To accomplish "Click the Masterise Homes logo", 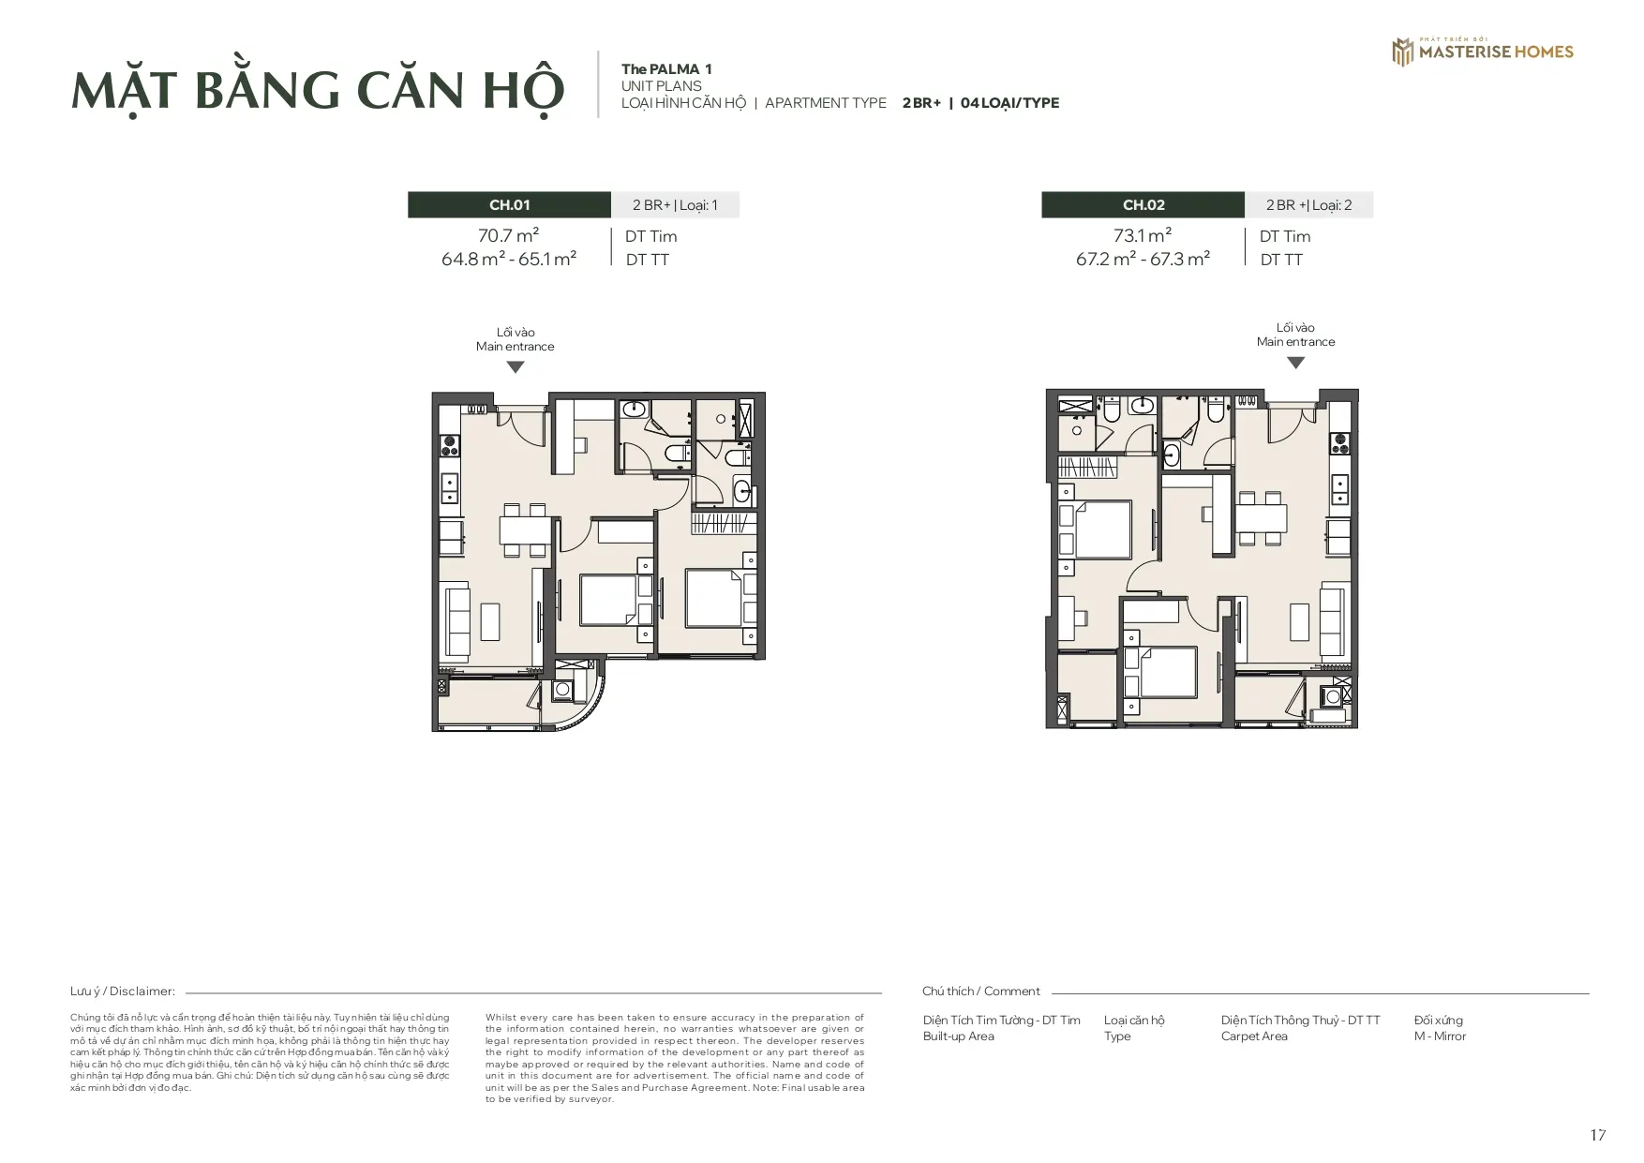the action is tap(1482, 52).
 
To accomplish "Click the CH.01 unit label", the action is tap(509, 205).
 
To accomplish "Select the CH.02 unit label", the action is tap(1143, 205).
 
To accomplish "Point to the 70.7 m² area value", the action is tap(509, 236).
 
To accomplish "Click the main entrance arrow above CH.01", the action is tap(515, 367).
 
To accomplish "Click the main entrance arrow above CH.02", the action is tap(1295, 363).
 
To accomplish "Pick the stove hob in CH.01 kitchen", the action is tap(448, 443).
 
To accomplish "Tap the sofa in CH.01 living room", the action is tap(456, 619).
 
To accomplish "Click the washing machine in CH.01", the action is tap(563, 692).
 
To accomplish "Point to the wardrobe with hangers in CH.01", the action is tap(721, 523).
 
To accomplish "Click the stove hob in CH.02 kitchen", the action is tap(1341, 440).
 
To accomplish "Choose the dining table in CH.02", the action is tap(1262, 517).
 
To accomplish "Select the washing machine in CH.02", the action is tap(1332, 696).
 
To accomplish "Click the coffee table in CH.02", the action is tap(1299, 621).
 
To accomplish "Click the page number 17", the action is tap(1598, 1136).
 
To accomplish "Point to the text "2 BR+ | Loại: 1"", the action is tap(675, 205).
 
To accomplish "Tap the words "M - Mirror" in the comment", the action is tap(1440, 1036).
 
